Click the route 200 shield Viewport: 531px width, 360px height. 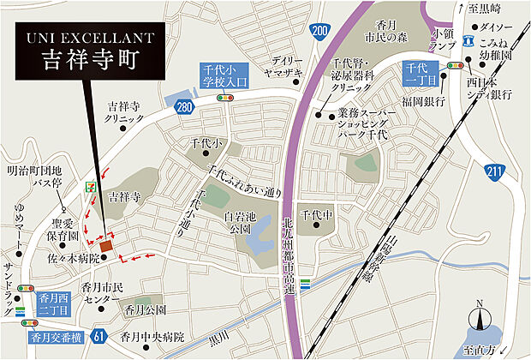click(319, 32)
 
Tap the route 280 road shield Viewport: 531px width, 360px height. click(182, 106)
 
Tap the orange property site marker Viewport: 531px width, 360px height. click(106, 247)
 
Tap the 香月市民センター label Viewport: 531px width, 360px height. click(104, 291)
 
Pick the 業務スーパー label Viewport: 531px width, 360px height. click(363, 113)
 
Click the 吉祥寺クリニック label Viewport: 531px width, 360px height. click(126, 112)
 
